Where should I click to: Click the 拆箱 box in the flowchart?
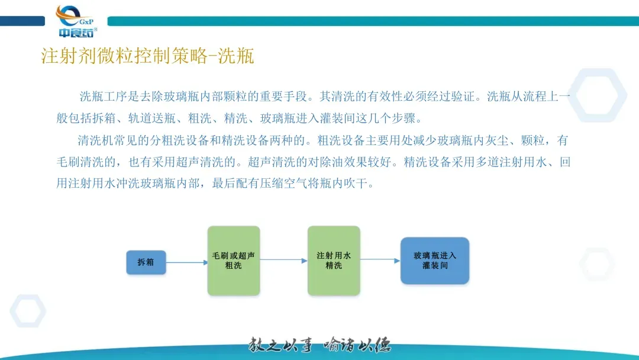click(x=146, y=262)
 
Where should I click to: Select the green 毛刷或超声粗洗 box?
click(x=233, y=261)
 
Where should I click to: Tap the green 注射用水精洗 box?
click(x=334, y=261)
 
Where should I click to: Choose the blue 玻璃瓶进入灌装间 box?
click(x=435, y=261)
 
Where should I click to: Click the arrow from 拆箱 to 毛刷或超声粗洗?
click(x=186, y=261)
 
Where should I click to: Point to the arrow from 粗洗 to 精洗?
click(x=283, y=261)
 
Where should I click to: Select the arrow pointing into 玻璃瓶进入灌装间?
click(x=380, y=260)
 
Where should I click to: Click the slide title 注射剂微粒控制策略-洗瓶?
click(x=147, y=56)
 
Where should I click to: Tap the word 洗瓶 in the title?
click(x=236, y=56)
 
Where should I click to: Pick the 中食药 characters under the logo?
click(x=75, y=33)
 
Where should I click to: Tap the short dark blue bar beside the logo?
click(x=22, y=21)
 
